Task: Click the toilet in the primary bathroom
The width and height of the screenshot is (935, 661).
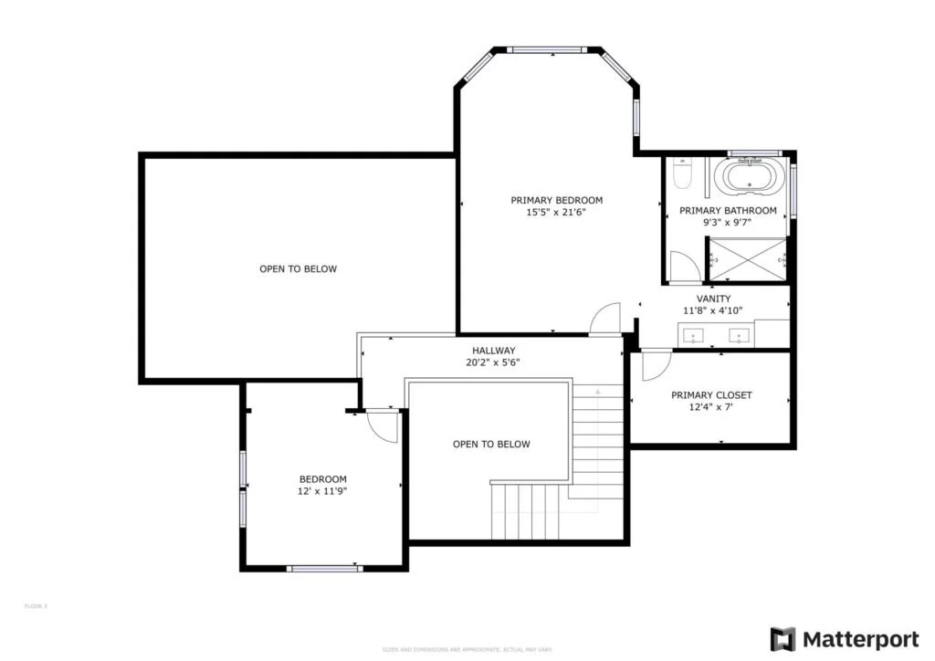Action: pyautogui.click(x=684, y=173)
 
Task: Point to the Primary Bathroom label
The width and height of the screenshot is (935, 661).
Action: pyautogui.click(x=728, y=211)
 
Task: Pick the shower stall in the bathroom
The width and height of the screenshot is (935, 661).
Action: pyautogui.click(x=748, y=260)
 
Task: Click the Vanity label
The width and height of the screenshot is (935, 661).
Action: pyautogui.click(x=713, y=299)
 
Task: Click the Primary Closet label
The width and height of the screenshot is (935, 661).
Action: pyautogui.click(x=711, y=395)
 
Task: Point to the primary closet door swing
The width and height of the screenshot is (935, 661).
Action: pyautogui.click(x=654, y=365)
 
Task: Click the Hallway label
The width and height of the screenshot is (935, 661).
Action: pyautogui.click(x=493, y=351)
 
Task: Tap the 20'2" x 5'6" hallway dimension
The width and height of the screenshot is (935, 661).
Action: pyautogui.click(x=493, y=362)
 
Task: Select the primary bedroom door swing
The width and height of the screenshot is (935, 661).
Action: pyautogui.click(x=605, y=320)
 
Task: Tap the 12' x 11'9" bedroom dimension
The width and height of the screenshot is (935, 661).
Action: pyautogui.click(x=323, y=491)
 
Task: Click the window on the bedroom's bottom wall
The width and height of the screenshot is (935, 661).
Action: pyautogui.click(x=324, y=568)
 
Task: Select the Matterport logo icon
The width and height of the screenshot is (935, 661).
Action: pyautogui.click(x=783, y=638)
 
